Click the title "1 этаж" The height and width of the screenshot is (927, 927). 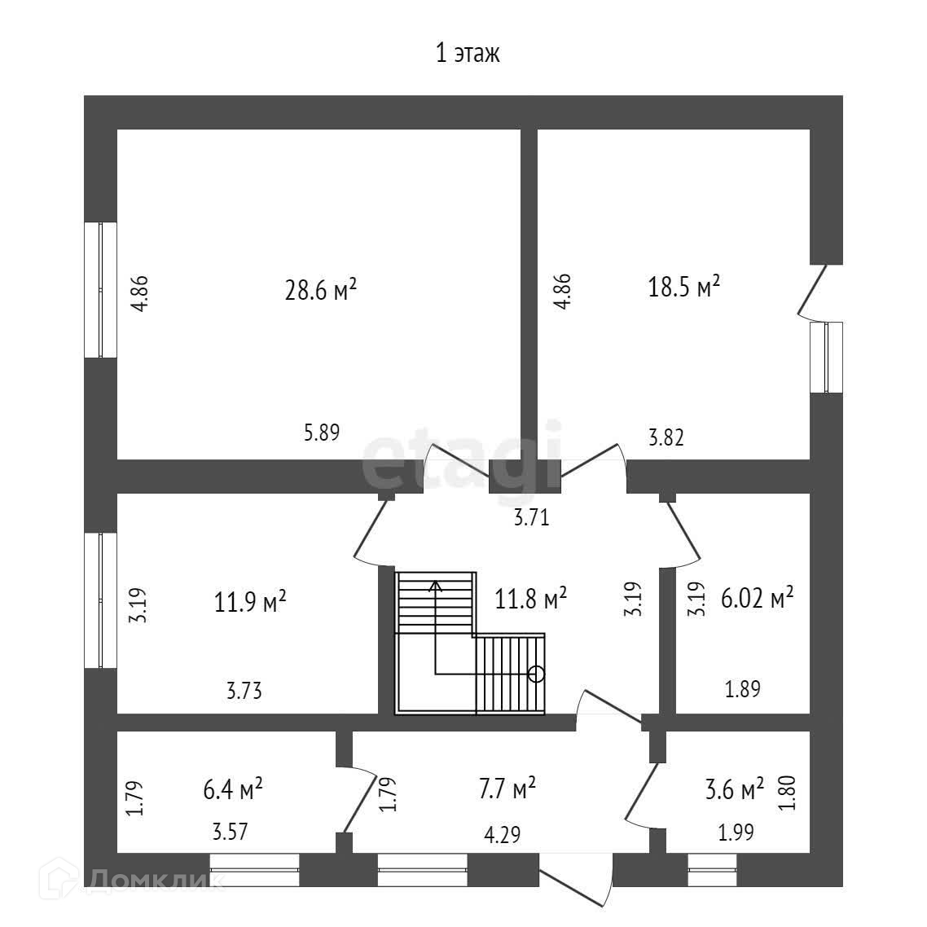pos(468,53)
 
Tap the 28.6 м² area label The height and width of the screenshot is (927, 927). pos(321,290)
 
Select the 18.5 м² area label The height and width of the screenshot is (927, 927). pos(684,287)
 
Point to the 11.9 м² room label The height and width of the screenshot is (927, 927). pos(250,603)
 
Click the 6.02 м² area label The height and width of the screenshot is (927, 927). pos(758,598)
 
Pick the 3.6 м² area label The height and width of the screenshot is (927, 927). pos(735,789)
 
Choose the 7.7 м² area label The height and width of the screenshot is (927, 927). pos(507,789)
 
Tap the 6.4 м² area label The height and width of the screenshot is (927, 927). pos(233,789)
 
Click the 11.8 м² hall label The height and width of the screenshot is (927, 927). pos(531,599)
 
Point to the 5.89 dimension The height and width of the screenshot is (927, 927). pos(322,433)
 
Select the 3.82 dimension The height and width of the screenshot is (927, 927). pos(666,437)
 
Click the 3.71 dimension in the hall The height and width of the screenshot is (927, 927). pos(531,518)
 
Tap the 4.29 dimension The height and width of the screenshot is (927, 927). pos(503,835)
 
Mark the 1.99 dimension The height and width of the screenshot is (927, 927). pos(736,833)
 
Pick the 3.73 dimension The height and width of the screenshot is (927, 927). pos(244,691)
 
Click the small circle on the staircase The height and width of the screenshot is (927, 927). pos(536,674)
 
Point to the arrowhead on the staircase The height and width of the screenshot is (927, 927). pos(435,586)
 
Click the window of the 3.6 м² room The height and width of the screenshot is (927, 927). pos(713,870)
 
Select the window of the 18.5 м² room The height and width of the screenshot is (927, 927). pos(826,357)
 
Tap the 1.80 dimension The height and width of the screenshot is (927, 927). pos(789,793)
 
